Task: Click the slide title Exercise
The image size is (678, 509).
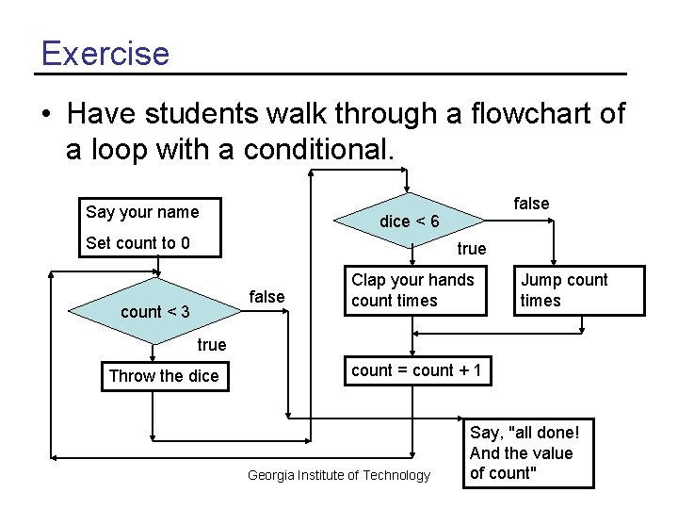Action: pos(105,53)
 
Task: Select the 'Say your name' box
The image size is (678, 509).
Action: pos(142,211)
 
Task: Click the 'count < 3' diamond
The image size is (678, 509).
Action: pos(155,310)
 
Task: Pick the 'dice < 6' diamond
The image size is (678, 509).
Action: pos(409,222)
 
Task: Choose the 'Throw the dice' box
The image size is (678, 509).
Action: pos(164,376)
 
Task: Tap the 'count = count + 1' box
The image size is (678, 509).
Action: pos(416,370)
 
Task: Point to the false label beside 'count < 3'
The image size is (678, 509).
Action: pos(266,297)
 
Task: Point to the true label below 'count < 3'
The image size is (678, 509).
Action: pos(211,345)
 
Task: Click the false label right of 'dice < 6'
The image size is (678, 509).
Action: pos(531,204)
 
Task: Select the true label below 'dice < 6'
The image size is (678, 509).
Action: pos(471,249)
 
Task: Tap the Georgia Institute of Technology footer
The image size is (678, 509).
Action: pos(338,475)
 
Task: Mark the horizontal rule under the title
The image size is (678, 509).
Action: pos(331,74)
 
